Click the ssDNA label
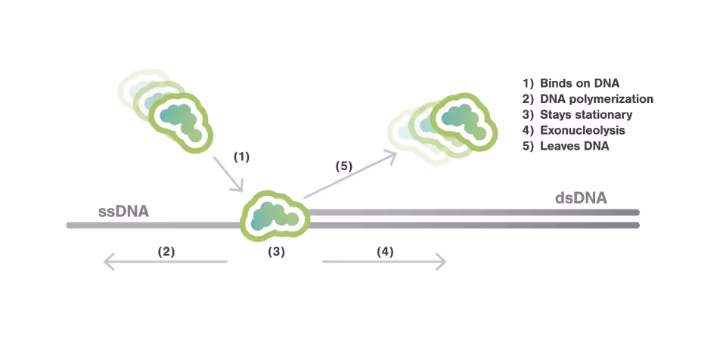coord(123,211)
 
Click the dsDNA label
coord(581,198)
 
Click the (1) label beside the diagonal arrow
coord(241,157)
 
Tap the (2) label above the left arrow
coord(166,252)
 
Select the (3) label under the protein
coord(277,252)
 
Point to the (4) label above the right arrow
coord(385,252)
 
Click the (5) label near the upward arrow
coord(344,166)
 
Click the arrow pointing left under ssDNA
coord(166,262)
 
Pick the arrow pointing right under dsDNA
coord(384,262)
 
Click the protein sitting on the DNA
coord(275,215)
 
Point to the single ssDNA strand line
coord(151,225)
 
